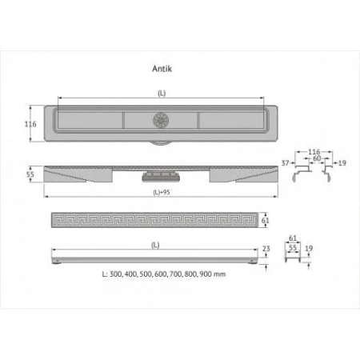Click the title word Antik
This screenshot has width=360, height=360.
pyautogui.click(x=162, y=68)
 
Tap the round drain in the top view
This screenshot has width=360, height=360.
pyautogui.click(x=158, y=123)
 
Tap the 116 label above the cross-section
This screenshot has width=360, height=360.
pyautogui.click(x=314, y=151)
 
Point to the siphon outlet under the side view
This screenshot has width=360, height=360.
pyautogui.click(x=158, y=175)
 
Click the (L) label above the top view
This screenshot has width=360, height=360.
pyautogui.click(x=162, y=94)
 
